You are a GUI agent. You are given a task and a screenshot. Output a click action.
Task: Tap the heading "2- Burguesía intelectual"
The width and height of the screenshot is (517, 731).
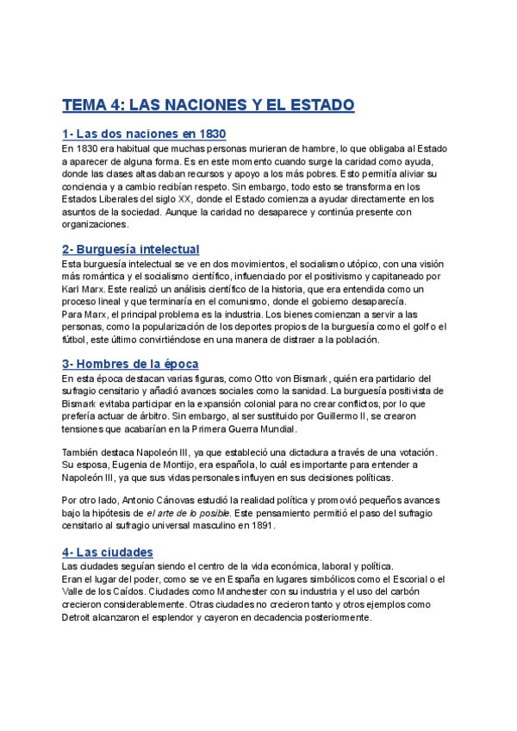[x=130, y=248]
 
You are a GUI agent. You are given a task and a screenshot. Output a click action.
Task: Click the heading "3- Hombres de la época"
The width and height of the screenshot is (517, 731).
[x=130, y=363]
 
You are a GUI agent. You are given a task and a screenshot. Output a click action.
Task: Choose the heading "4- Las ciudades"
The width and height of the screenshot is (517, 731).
[x=108, y=552]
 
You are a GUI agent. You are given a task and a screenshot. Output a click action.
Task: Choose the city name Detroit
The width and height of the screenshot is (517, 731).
[x=82, y=617]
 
